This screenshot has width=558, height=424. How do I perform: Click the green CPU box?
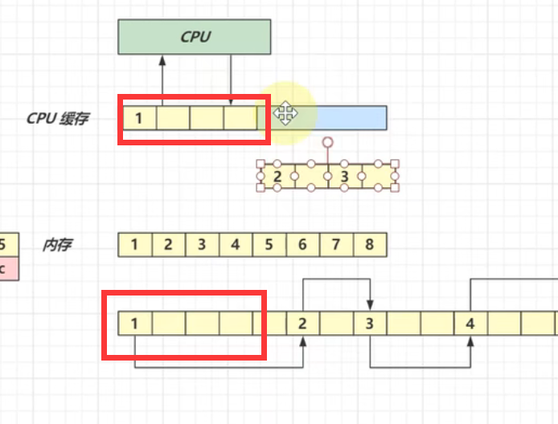(x=195, y=37)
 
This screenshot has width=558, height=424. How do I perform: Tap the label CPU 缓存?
(x=57, y=119)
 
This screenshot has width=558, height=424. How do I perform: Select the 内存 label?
(x=56, y=244)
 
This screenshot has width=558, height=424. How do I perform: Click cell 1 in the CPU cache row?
(x=139, y=119)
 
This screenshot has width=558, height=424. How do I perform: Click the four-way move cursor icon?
(x=284, y=113)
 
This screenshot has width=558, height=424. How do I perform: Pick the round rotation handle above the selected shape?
(x=327, y=143)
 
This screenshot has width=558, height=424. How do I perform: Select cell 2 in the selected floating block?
(x=277, y=176)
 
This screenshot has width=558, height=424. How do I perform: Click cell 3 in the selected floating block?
(x=344, y=176)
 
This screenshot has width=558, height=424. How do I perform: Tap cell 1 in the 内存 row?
(x=134, y=244)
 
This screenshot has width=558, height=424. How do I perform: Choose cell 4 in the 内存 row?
(x=235, y=244)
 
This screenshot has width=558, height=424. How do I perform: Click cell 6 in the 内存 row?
(x=302, y=244)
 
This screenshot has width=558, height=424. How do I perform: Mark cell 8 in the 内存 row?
(x=369, y=244)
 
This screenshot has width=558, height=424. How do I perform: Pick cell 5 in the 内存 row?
(x=269, y=244)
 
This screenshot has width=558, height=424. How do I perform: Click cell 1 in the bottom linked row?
(x=134, y=324)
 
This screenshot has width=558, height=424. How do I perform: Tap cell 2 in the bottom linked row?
(x=302, y=324)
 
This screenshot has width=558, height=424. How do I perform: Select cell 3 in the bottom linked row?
(x=370, y=324)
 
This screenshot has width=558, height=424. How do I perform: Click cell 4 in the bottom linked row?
(x=470, y=324)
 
